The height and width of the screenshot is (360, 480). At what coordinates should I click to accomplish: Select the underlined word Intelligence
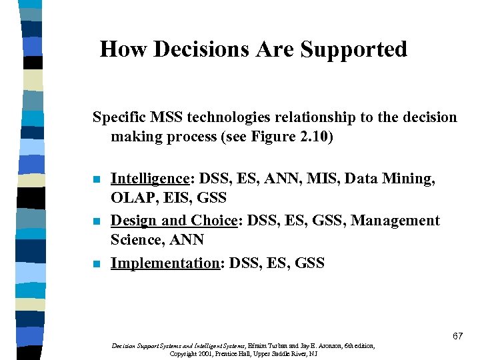tap(150, 179)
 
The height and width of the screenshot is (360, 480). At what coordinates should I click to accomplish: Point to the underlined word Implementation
tap(165, 263)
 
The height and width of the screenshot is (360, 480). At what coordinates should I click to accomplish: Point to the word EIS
tap(177, 198)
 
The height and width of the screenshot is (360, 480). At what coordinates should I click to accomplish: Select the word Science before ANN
tap(137, 240)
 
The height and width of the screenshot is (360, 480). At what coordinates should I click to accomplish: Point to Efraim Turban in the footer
tap(267, 346)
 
